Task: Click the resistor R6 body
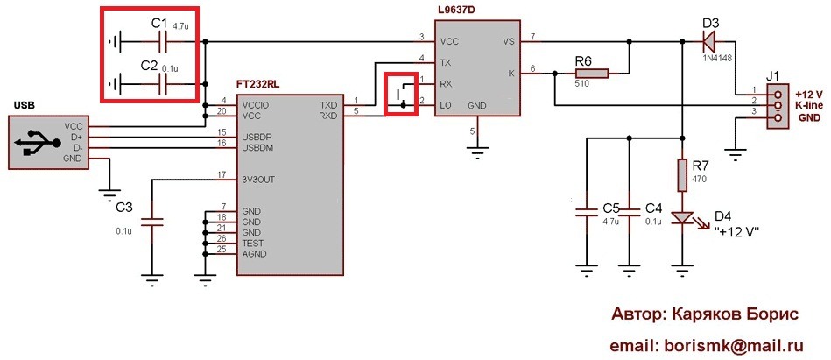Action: point(591,75)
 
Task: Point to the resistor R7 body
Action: point(682,174)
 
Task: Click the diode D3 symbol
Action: point(708,39)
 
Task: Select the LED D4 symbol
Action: point(682,219)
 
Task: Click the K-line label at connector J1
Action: point(808,105)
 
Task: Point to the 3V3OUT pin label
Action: point(262,181)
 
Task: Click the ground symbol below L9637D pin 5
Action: point(476,151)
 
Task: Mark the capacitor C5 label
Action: point(611,208)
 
